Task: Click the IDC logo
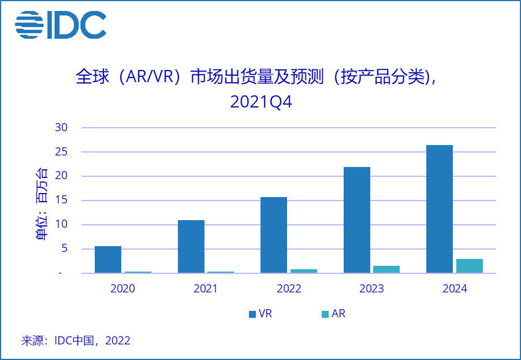(x=61, y=25)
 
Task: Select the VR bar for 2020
(x=108, y=259)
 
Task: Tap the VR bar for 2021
(x=191, y=247)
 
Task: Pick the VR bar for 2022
(x=274, y=235)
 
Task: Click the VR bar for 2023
(x=357, y=220)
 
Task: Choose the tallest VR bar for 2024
(x=440, y=209)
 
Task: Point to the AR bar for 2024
(x=470, y=266)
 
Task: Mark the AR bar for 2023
(x=386, y=269)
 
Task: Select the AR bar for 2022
(x=304, y=271)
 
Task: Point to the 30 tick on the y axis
(x=61, y=128)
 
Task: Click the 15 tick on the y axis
(x=61, y=201)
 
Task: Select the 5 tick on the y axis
(x=64, y=249)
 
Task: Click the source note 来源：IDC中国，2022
(x=76, y=340)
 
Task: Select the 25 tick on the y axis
(x=61, y=152)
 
